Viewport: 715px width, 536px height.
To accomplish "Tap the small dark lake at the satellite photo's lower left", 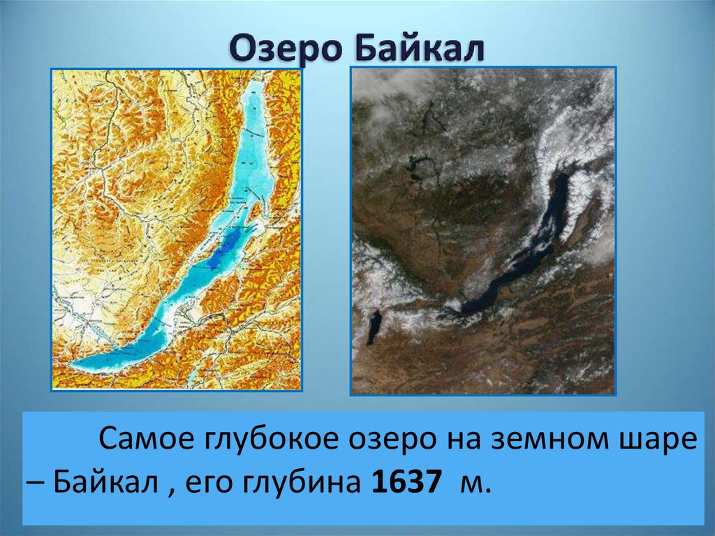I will (x=375, y=326).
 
